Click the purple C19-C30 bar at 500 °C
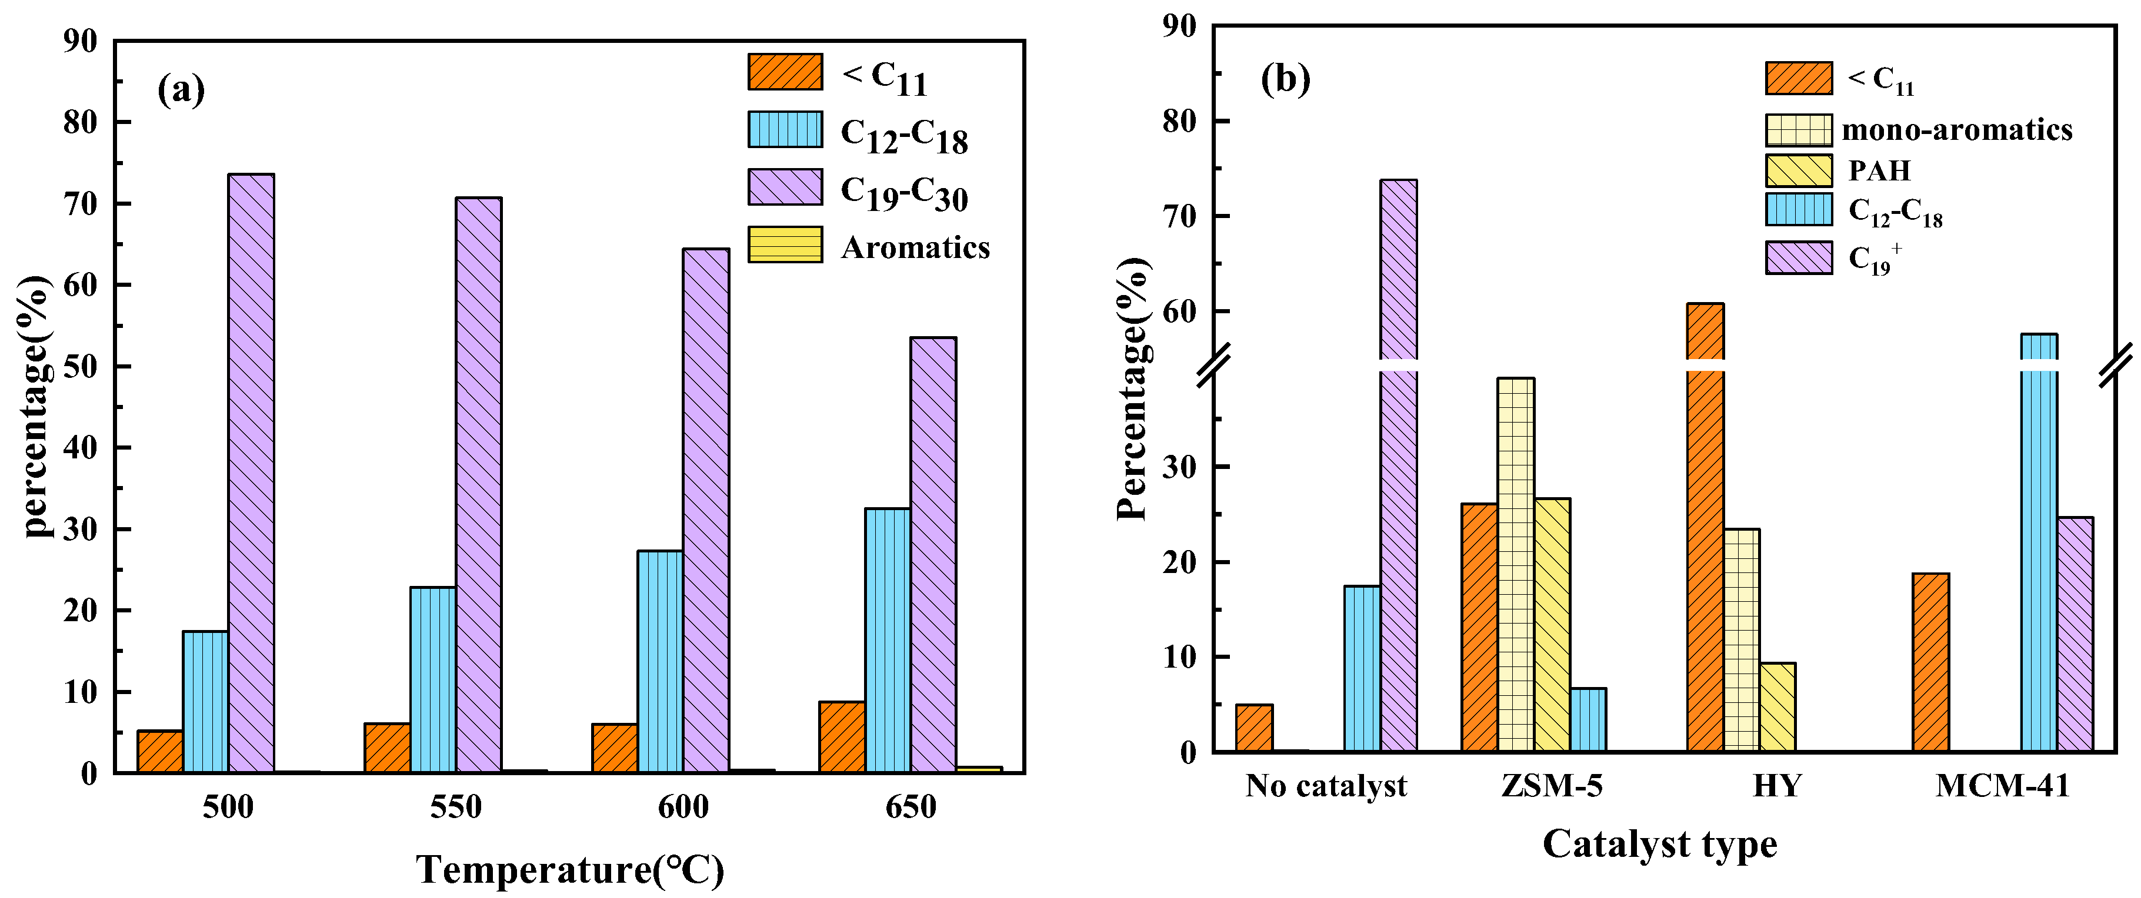click(251, 474)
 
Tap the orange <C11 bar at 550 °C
click(386, 748)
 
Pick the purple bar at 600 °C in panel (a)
click(706, 511)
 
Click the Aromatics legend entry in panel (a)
click(914, 247)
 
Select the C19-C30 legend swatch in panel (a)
click(785, 187)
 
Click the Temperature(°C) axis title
click(570, 870)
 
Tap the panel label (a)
click(181, 89)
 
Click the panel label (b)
click(1285, 79)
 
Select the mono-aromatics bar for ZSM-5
click(1516, 565)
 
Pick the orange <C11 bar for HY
click(1706, 532)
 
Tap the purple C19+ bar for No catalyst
click(1399, 465)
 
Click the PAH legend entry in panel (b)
click(1878, 170)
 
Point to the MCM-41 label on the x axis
click(2002, 785)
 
